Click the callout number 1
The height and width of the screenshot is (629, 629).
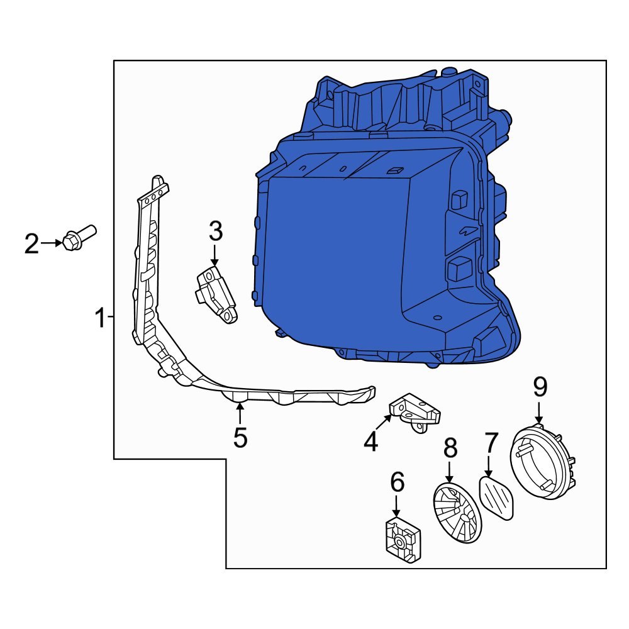(100, 319)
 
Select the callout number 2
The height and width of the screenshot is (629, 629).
(31, 244)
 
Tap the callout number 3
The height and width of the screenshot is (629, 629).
(216, 232)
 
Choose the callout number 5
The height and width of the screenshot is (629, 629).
(240, 438)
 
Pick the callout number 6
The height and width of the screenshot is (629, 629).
(397, 483)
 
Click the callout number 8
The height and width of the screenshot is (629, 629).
(450, 448)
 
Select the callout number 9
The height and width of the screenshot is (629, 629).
(541, 388)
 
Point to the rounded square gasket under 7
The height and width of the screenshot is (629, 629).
(497, 498)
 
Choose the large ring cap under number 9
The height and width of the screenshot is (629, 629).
(543, 463)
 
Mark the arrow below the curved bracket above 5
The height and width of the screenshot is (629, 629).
(240, 413)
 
